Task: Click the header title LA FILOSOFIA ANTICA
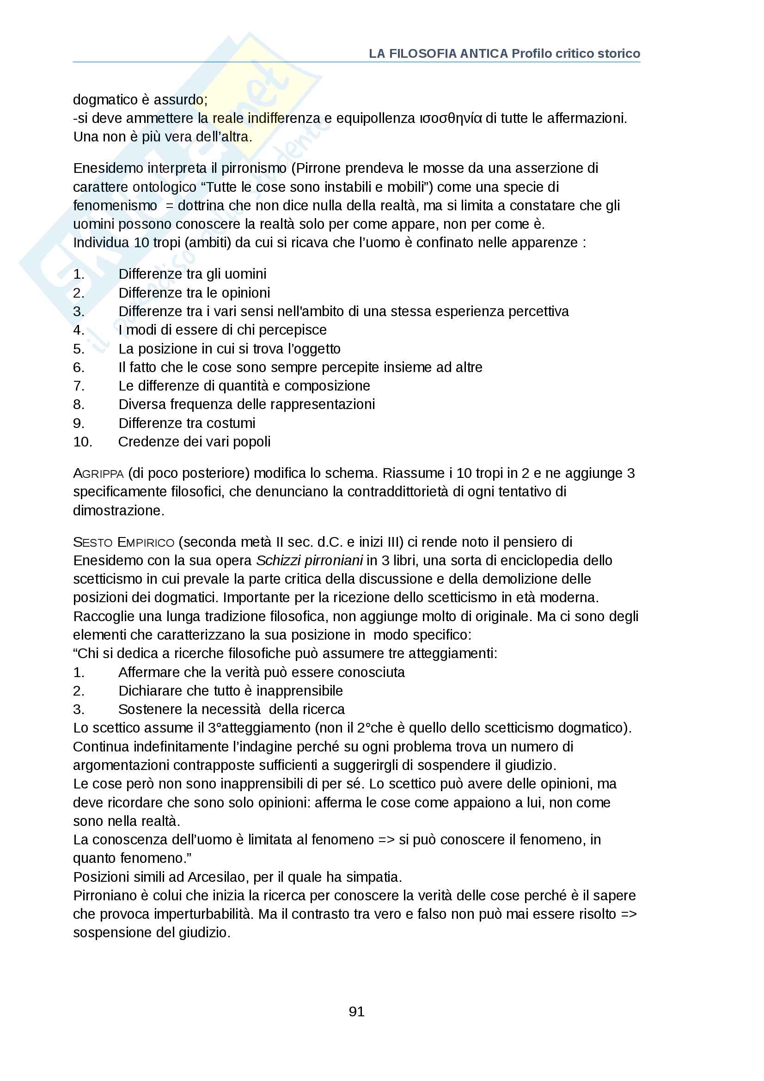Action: click(x=438, y=54)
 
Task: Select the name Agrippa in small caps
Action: click(x=98, y=473)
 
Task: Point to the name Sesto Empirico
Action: click(x=123, y=542)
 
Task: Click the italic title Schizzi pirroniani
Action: click(x=309, y=560)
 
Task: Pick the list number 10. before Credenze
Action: click(x=82, y=442)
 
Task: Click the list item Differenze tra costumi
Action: click(x=186, y=423)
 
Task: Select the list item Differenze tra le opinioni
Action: click(x=194, y=293)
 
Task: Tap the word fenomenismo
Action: click(x=115, y=206)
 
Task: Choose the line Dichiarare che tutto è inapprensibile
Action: click(x=230, y=690)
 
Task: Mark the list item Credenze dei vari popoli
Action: click(x=194, y=442)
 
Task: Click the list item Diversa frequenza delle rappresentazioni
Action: click(x=246, y=404)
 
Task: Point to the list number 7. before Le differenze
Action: click(x=79, y=385)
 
